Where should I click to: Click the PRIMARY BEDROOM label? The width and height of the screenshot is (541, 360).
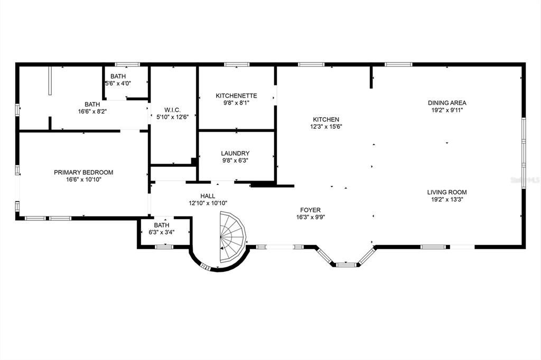[83, 172]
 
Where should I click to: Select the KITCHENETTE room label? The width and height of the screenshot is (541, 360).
[236, 96]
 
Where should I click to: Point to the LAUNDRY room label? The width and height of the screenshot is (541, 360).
[235, 153]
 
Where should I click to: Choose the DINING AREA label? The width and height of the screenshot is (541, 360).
[447, 103]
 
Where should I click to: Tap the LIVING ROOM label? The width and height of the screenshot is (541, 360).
[447, 192]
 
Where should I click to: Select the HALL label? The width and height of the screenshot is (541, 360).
[208, 196]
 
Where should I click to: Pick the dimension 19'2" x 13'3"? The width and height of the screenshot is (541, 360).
[447, 200]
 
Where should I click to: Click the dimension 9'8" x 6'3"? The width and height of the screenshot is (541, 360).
[235, 160]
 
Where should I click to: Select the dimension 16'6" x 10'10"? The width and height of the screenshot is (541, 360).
[83, 179]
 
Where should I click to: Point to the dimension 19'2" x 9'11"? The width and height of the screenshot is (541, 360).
[447, 110]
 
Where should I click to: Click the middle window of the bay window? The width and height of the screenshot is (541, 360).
[346, 264]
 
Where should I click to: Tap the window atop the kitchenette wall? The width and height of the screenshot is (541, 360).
[237, 64]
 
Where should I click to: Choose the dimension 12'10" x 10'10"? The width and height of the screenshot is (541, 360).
[208, 203]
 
